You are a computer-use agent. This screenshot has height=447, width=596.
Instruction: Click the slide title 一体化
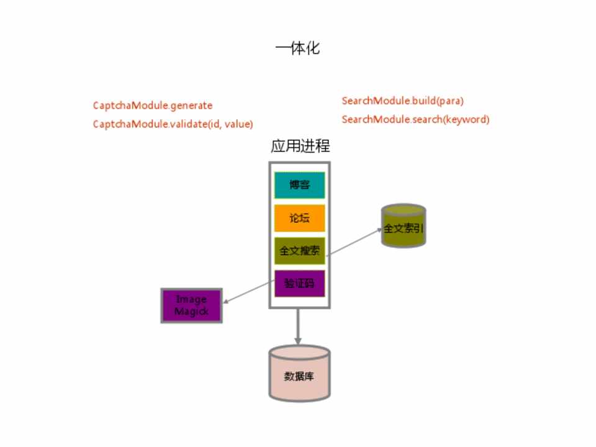(297, 48)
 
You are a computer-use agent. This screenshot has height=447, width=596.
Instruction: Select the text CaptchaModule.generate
(153, 106)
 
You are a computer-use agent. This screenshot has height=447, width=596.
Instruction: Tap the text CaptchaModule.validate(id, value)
(173, 124)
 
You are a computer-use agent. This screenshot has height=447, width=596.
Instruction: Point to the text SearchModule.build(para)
(403, 101)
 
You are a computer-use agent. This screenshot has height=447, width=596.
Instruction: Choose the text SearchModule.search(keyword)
(415, 119)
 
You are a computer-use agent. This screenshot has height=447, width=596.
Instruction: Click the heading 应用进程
(300, 147)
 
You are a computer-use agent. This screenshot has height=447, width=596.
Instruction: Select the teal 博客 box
(299, 185)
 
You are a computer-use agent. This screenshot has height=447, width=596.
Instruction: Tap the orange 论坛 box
(299, 219)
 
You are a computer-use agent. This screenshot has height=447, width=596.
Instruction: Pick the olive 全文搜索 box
(299, 251)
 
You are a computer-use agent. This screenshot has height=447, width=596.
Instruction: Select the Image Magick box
(191, 305)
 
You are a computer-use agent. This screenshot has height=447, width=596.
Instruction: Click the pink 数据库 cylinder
(299, 376)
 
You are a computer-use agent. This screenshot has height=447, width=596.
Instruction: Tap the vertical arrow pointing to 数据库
(299, 326)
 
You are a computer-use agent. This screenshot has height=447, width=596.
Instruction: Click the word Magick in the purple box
(191, 312)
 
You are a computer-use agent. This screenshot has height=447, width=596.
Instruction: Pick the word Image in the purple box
(191, 300)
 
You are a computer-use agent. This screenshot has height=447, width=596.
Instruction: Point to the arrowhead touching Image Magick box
(226, 302)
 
